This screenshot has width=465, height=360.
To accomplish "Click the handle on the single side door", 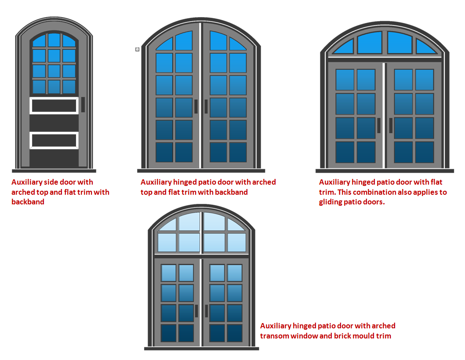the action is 83,105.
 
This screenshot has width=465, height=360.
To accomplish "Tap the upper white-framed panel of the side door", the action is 54,105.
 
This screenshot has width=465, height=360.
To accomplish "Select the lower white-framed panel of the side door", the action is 54,140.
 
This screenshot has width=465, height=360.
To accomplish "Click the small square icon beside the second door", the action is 137,49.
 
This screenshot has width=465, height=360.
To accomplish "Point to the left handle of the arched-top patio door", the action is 196,106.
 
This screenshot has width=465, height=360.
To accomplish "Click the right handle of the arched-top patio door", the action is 206,106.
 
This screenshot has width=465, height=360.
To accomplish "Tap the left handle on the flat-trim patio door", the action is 379,125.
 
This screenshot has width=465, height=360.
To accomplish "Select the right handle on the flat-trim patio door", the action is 391,125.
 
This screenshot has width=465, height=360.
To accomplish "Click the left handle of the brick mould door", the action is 196,311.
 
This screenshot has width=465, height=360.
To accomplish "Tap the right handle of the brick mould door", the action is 207,311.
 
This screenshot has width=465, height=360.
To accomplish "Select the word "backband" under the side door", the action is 28,202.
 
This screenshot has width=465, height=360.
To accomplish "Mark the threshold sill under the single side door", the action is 54,171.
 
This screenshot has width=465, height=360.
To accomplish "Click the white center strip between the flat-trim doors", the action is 384,116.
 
